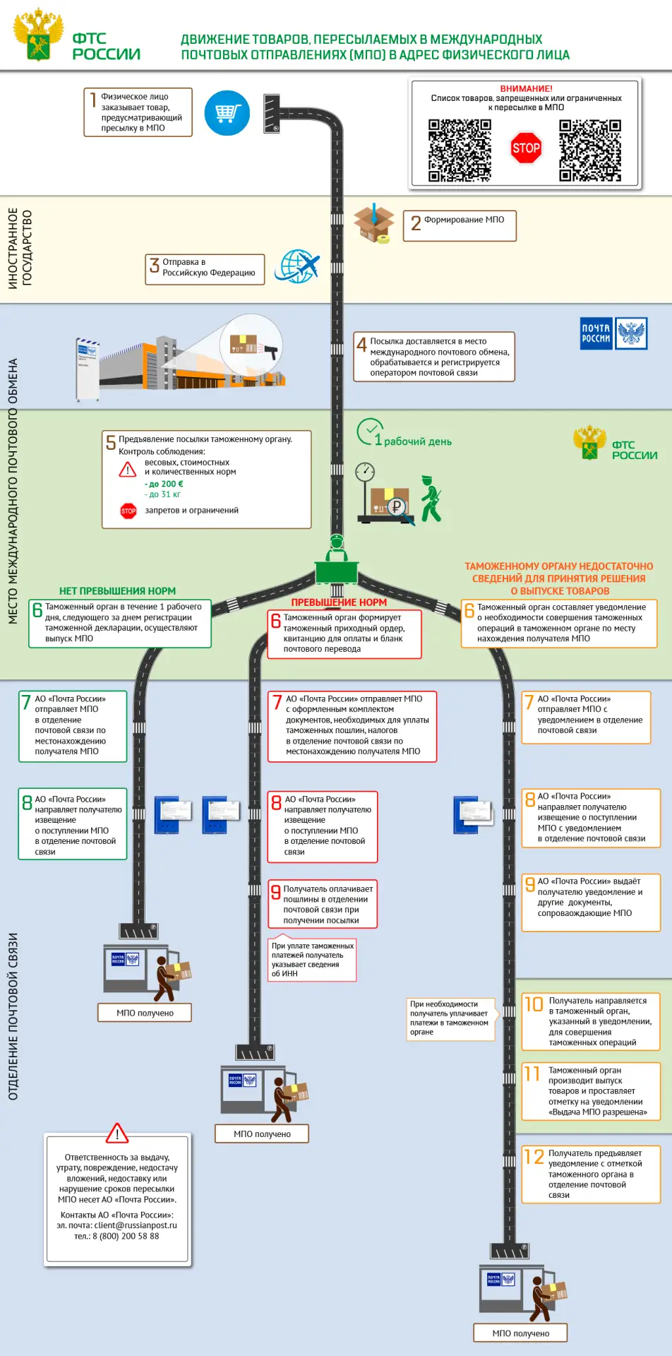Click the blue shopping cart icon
[x=227, y=113]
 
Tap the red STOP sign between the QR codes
[x=526, y=148]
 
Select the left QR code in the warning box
[x=460, y=150]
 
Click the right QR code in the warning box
[x=590, y=150]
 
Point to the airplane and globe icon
[x=299, y=266]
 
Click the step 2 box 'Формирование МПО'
[x=460, y=225]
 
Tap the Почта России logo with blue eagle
[x=613, y=333]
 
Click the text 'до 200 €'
[x=164, y=484]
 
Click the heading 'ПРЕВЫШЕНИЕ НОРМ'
[x=339, y=602]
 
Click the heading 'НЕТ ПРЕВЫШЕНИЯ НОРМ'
[x=117, y=591]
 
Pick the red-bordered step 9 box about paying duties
[x=323, y=904]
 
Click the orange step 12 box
[x=592, y=1175]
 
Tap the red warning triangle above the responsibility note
[x=117, y=1133]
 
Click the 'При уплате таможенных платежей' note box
[x=312, y=959]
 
